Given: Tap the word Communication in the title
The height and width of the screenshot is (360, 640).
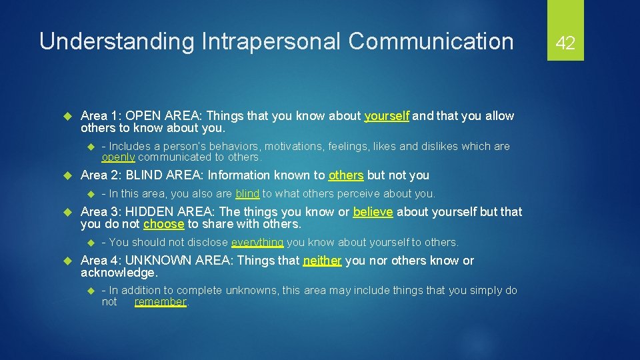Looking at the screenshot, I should [431, 41].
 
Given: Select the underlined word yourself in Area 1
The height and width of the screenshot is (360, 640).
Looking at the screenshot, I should [387, 116].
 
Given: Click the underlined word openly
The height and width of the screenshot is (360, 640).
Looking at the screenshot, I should [118, 157].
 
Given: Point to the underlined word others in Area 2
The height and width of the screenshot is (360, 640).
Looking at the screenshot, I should [346, 175].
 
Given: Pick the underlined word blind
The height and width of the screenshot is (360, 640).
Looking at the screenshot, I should [247, 194].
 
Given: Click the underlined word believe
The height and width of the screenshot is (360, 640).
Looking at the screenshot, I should [373, 212].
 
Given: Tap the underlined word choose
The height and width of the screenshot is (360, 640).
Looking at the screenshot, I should [163, 224].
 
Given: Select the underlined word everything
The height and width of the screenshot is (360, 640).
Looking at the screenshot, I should [257, 243].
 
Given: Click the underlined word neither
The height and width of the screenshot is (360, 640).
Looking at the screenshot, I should [323, 261].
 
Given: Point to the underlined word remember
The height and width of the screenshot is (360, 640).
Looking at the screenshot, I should [160, 302].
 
